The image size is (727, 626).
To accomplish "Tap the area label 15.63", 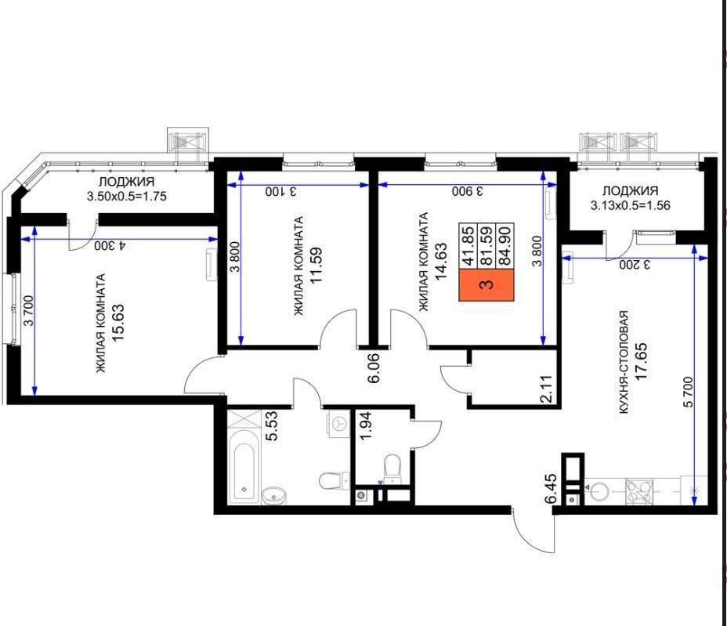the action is [118, 323].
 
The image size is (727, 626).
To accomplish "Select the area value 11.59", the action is [316, 266].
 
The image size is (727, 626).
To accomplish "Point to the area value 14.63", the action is [440, 261].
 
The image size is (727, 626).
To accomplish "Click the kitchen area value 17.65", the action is [642, 362].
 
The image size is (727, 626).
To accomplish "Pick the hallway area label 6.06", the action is [373, 368].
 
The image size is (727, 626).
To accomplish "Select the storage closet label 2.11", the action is [547, 389].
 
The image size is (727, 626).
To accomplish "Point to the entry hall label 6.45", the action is [552, 489].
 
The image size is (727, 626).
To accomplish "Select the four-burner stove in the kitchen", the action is [639, 492].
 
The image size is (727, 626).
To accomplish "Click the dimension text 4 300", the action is [110, 245].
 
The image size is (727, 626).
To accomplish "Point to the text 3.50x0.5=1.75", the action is [127, 196].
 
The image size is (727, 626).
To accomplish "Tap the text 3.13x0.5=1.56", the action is [631, 205].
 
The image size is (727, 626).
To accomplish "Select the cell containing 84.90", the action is [505, 246].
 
